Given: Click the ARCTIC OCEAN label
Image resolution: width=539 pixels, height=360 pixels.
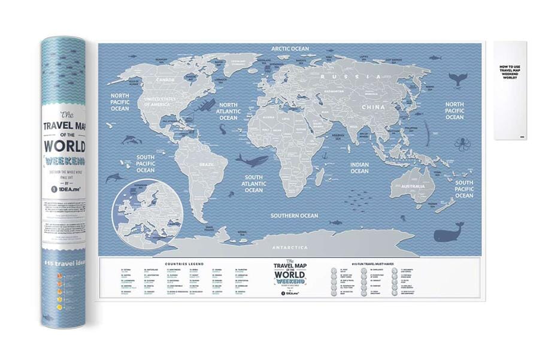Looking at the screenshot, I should click(x=290, y=49).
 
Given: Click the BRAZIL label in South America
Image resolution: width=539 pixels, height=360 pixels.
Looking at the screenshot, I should click(x=207, y=164).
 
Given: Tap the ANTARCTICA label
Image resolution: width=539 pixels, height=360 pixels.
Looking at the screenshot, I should click(x=290, y=247).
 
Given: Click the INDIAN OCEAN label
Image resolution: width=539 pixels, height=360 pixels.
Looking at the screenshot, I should click(x=359, y=167).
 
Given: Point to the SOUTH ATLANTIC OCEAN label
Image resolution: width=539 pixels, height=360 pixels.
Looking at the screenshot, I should click(x=253, y=183).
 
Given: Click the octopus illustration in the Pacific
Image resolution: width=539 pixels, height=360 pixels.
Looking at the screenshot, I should click(x=461, y=145).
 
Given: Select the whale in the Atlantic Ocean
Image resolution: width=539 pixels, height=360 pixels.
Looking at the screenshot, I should click(x=252, y=159).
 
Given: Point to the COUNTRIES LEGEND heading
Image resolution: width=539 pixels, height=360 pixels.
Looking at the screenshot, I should click(x=184, y=264).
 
